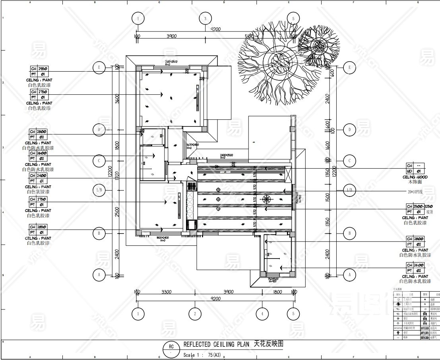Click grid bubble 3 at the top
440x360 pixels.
coord(205,19)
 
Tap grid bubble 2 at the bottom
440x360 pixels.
coord(195,314)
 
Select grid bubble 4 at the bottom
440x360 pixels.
coord(262,314)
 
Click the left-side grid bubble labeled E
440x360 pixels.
coord(99,68)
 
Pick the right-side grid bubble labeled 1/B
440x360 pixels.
coord(349,190)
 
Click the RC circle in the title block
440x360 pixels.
coord(171,347)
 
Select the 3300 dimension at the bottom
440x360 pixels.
coord(166,292)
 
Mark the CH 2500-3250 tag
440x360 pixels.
coord(419,206)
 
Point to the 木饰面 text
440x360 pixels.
coord(415,182)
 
